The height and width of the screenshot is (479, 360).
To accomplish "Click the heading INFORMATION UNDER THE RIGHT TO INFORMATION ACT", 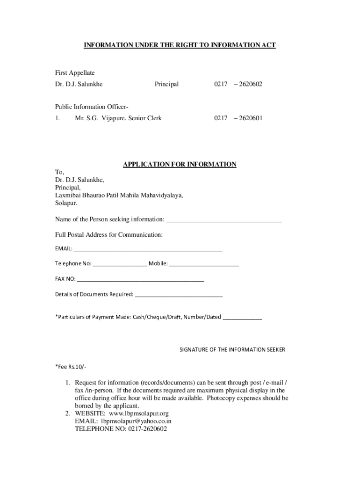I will click(180, 45).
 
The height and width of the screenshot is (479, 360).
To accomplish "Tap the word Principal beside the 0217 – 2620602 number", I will click(166, 84).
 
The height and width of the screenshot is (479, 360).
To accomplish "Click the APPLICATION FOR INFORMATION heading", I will click(180, 164).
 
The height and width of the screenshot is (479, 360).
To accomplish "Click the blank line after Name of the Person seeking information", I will click(224, 220).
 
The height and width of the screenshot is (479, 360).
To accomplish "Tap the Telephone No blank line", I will click(120, 265).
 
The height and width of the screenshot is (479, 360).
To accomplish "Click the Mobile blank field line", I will click(204, 265).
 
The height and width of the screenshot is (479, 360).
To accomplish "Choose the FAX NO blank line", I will click(140, 280).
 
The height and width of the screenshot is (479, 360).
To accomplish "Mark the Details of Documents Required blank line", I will click(179, 296).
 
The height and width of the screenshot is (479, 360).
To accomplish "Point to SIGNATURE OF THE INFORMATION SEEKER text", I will click(232, 349).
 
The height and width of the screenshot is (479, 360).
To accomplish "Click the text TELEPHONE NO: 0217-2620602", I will click(121, 428).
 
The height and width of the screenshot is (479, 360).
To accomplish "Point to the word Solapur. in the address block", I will click(66, 203).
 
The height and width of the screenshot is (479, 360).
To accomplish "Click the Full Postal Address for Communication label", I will click(108, 234).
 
